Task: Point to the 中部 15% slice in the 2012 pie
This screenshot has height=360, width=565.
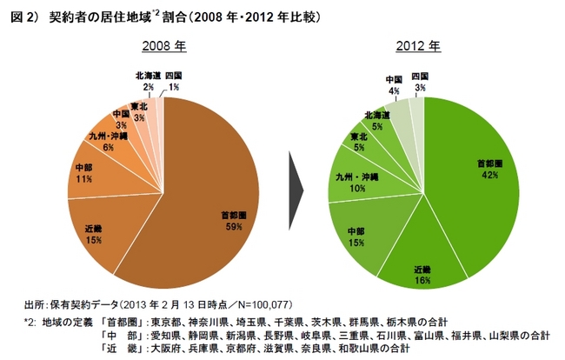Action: click(x=356, y=236)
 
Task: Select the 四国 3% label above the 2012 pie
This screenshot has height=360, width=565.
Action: click(x=421, y=83)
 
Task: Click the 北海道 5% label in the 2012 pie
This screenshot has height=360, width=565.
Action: click(x=377, y=120)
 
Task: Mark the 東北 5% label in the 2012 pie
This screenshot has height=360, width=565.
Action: click(x=359, y=142)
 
